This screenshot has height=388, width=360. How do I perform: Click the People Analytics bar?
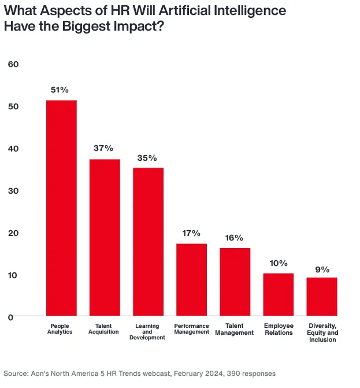pos(61,208)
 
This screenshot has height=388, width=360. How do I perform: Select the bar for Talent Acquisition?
pos(105,237)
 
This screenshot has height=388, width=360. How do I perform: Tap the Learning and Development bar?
pos(149,242)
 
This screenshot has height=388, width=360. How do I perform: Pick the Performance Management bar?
pos(191,280)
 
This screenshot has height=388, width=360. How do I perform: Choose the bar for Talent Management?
pos(235,282)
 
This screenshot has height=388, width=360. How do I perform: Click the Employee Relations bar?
pos(278,294)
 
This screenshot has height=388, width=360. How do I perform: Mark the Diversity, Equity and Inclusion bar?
pos(321,297)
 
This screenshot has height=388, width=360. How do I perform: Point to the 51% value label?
pos(60,90)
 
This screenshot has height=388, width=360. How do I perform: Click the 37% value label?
pos(103,149)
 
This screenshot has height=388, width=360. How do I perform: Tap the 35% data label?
pos(147,157)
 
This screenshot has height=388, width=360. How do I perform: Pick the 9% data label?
pos(322,269)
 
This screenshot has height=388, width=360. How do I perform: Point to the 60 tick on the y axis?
pos(14,64)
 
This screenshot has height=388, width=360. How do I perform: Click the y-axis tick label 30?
pos(14,190)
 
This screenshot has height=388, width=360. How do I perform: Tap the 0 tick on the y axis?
pos(10,317)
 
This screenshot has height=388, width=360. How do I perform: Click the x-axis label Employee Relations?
pos(278,330)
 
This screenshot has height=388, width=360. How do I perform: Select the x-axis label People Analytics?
pos(61,330)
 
